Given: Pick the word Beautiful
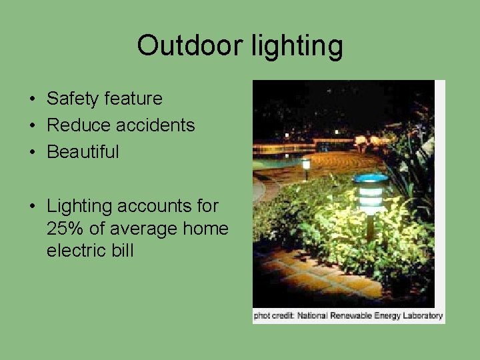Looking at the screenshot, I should click(x=83, y=152).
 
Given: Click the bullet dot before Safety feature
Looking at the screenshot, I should click(x=32, y=99).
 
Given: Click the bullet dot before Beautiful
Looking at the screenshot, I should click(x=32, y=153).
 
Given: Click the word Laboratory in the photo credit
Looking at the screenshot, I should click(x=422, y=315).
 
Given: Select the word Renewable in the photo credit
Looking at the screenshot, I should click(x=355, y=315).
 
